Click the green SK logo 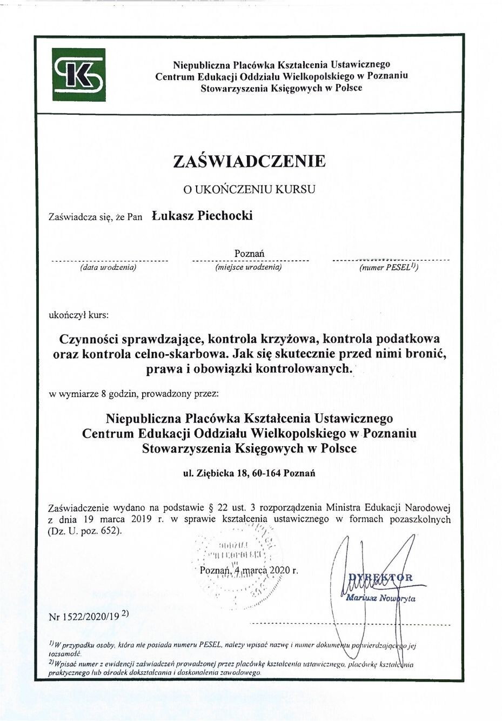point(79,75)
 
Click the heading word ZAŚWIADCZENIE point(249,161)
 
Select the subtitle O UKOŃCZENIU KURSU point(249,189)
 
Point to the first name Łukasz point(172,216)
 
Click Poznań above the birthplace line point(249,253)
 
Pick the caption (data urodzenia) point(108,267)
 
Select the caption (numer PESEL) point(389,267)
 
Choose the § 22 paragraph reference point(218,508)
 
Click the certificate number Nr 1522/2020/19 point(84,616)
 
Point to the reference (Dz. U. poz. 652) point(85,531)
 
